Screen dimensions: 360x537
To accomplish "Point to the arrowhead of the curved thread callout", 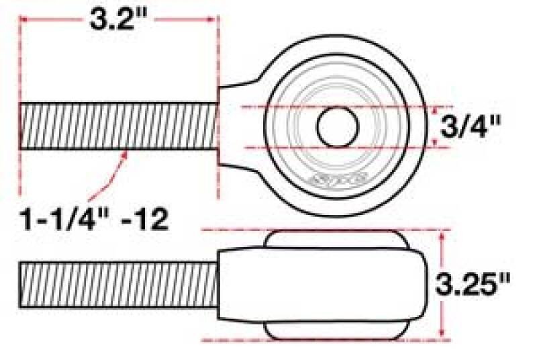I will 125,154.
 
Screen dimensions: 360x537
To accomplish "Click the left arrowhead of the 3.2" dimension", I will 24,20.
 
